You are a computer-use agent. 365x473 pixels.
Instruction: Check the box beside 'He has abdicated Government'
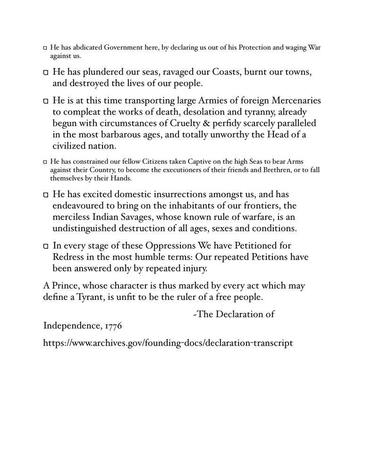coord(45,49)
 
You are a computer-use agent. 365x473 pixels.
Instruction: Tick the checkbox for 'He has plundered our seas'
coord(46,74)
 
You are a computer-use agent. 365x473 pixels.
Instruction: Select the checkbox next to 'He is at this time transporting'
coord(46,102)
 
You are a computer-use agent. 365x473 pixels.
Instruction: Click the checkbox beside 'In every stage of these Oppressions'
coord(46,246)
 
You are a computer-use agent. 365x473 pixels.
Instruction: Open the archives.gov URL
coord(168,343)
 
